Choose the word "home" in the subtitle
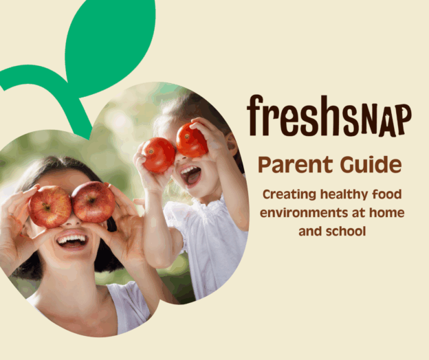[x=387, y=213]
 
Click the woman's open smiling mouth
[x=73, y=240]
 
